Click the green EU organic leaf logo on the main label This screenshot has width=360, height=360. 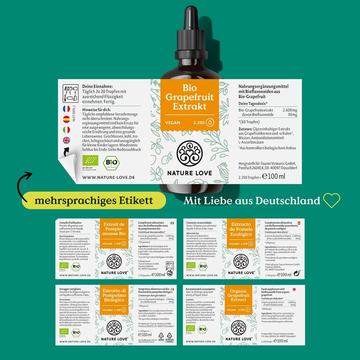point(90,161)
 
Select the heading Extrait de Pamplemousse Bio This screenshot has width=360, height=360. point(114,230)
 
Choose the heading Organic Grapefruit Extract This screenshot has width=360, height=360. point(241,295)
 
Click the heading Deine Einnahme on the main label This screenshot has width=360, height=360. point(98,86)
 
